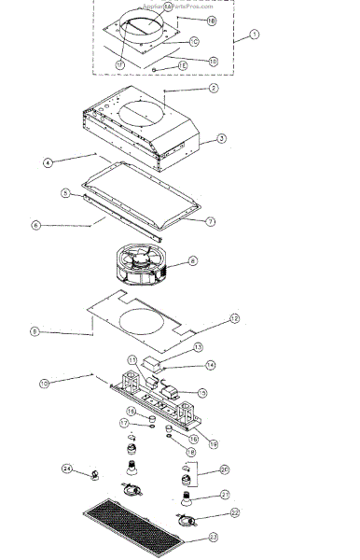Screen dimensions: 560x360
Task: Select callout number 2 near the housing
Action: (x=214, y=89)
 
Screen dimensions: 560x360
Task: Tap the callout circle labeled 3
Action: (x=221, y=138)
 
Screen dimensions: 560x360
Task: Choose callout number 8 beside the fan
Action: (x=192, y=261)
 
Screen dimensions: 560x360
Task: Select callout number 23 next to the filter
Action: (x=214, y=537)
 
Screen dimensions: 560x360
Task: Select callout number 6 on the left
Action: (x=35, y=225)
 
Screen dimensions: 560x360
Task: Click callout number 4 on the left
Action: (x=47, y=161)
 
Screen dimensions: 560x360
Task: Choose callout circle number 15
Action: (x=202, y=394)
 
